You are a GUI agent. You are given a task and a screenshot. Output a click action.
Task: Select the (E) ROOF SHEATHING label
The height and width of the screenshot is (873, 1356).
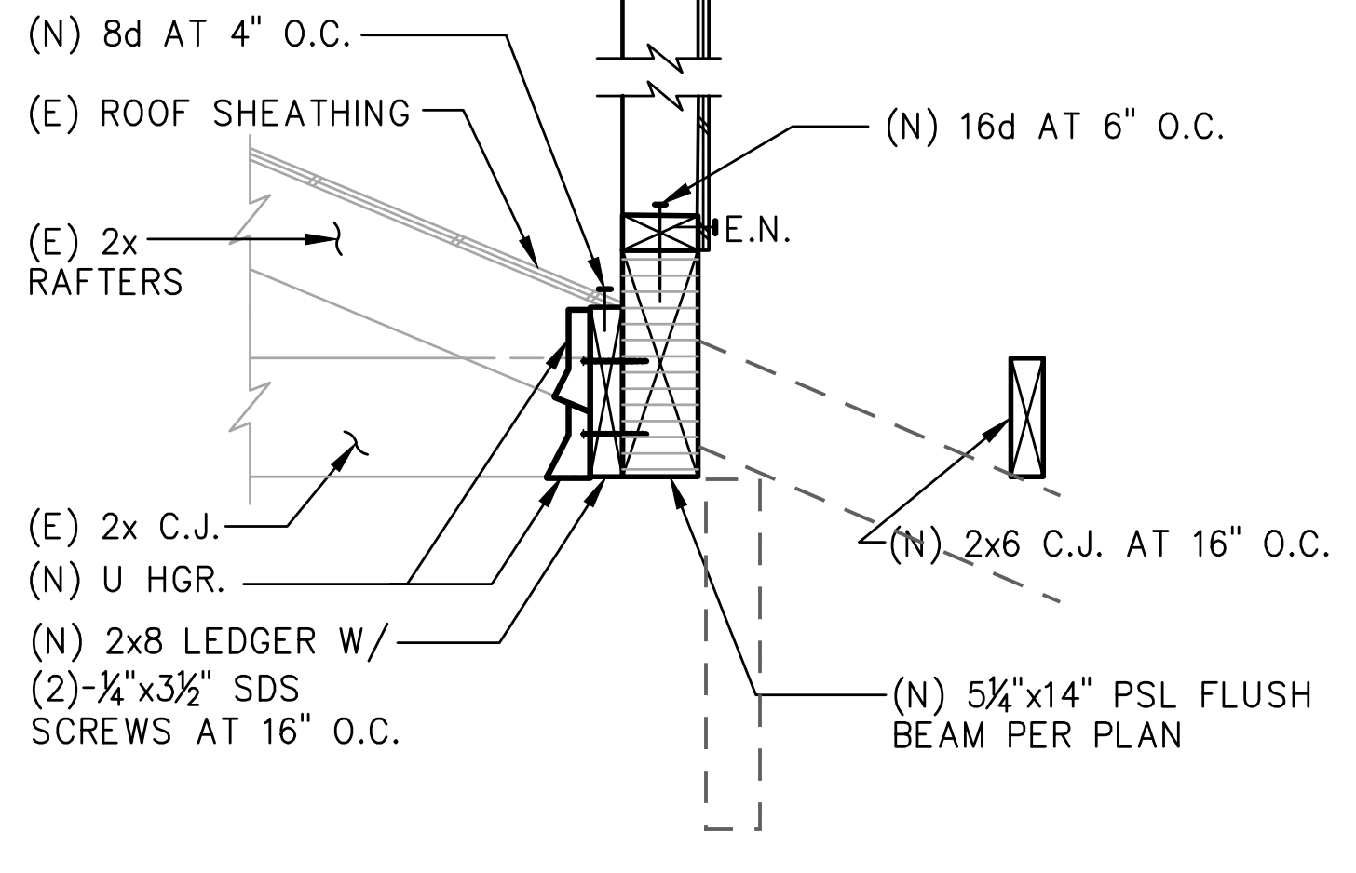[220, 114]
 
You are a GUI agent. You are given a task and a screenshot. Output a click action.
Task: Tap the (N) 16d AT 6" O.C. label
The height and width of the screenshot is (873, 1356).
[1054, 128]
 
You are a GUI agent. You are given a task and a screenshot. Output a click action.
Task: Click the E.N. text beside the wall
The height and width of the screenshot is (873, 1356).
[757, 232]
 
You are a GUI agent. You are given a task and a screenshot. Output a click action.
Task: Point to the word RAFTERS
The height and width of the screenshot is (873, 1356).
[106, 282]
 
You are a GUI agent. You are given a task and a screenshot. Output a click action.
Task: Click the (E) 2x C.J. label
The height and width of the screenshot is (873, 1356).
[125, 528]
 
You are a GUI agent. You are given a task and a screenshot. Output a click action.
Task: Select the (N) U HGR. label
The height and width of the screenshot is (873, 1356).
[128, 582]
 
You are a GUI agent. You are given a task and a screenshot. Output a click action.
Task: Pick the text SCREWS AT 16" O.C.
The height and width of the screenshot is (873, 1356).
[216, 732]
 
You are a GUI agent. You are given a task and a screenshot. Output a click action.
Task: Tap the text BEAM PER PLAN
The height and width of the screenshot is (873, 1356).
[1037, 736]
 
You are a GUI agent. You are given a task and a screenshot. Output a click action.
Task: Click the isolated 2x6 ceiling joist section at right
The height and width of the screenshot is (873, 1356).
[1027, 416]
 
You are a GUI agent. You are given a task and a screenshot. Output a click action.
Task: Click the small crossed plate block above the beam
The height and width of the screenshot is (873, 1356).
[659, 233]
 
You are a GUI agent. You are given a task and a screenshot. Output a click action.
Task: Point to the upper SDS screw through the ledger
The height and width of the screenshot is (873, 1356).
[614, 360]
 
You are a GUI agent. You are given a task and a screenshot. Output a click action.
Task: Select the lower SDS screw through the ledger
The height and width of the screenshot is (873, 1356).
[614, 434]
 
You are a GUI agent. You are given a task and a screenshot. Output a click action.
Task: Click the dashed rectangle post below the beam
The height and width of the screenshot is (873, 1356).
[733, 651]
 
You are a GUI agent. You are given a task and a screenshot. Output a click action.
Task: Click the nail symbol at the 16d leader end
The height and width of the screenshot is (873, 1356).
[659, 203]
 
